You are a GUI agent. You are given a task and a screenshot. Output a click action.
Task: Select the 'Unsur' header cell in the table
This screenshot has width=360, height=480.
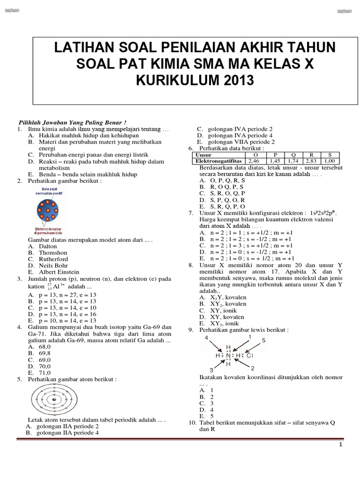(x=203, y=155)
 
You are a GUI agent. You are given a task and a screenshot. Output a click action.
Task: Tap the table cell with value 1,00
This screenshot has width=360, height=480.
(x=330, y=161)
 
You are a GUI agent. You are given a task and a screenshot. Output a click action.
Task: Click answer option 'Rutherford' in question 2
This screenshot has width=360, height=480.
(x=53, y=259)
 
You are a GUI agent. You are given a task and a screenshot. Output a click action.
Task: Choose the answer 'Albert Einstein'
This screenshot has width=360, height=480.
(x=59, y=272)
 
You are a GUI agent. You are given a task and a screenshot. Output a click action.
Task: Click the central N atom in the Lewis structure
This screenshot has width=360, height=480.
(x=229, y=356)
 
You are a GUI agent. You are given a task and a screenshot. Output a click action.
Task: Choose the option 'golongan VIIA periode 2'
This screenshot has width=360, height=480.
(x=241, y=142)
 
